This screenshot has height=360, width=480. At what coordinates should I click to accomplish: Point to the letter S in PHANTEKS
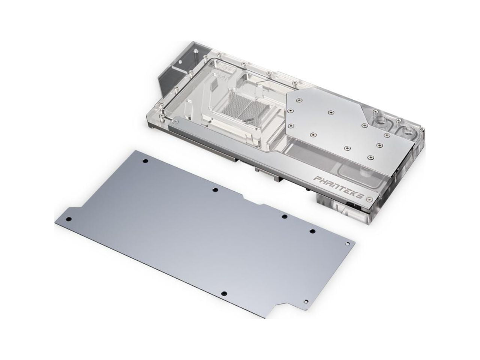[361, 196]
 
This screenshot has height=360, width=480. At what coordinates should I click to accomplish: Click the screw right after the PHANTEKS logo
[370, 199]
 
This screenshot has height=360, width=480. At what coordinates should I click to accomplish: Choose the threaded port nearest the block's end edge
[409, 132]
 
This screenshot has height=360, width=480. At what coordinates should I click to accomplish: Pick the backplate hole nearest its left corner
[69, 219]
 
